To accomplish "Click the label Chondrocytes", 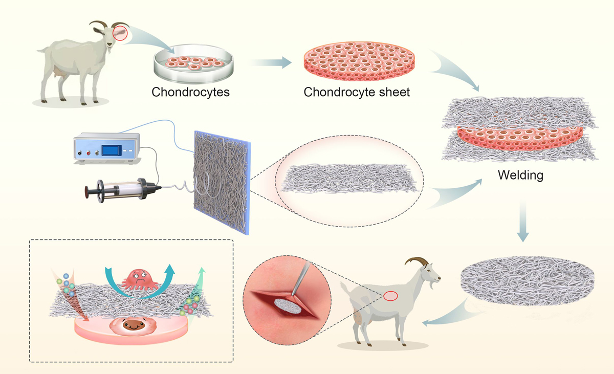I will point(191,93).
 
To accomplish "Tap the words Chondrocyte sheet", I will point(357,93).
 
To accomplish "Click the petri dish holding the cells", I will point(192,65).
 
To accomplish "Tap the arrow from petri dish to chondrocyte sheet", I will point(271,62).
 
